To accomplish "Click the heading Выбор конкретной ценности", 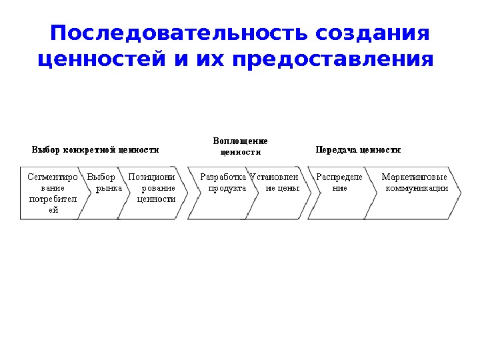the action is pyautogui.click(x=96, y=150).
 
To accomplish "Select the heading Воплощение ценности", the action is pyautogui.click(x=240, y=146).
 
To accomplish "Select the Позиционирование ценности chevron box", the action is pyautogui.click(x=153, y=193).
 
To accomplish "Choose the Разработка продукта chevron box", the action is pyautogui.click(x=221, y=193).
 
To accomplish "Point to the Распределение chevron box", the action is pyautogui.click(x=337, y=193).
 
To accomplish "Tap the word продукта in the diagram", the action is pyautogui.click(x=227, y=189).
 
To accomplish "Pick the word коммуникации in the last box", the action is pyautogui.click(x=417, y=189).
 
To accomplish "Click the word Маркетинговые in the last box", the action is pyautogui.click(x=414, y=177).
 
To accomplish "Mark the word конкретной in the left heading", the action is pyautogui.click(x=89, y=150).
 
